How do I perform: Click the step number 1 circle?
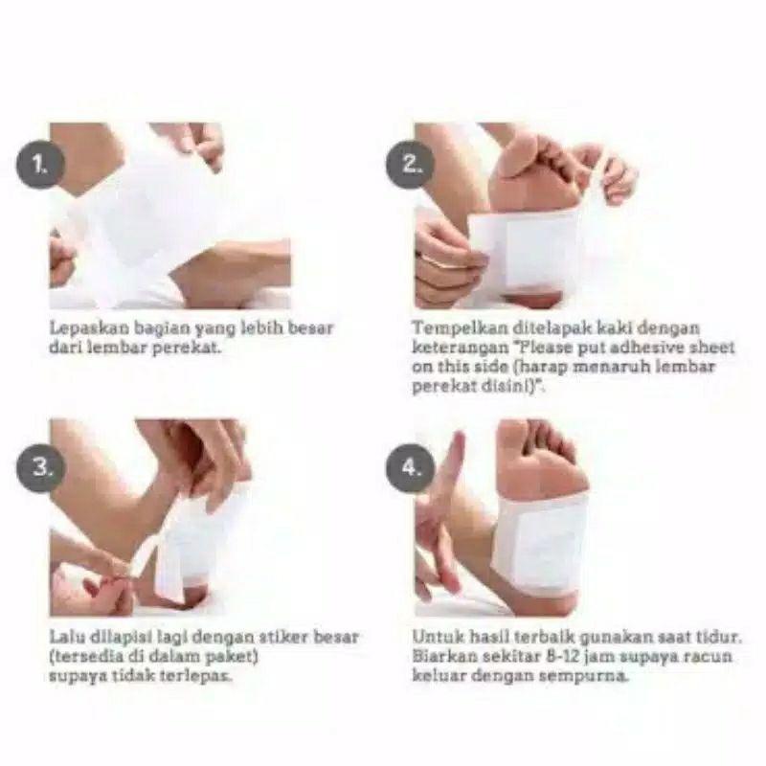(x=41, y=164)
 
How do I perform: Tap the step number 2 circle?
(x=411, y=164)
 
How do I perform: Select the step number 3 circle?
(x=41, y=467)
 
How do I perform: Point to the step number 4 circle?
(x=411, y=467)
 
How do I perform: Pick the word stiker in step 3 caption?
(x=284, y=637)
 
